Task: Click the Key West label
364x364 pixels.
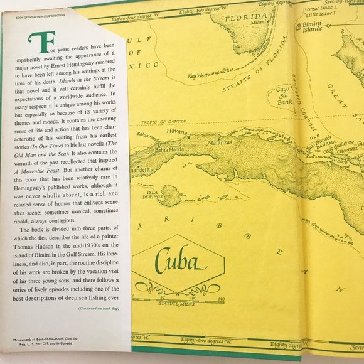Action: (x=200, y=77)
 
